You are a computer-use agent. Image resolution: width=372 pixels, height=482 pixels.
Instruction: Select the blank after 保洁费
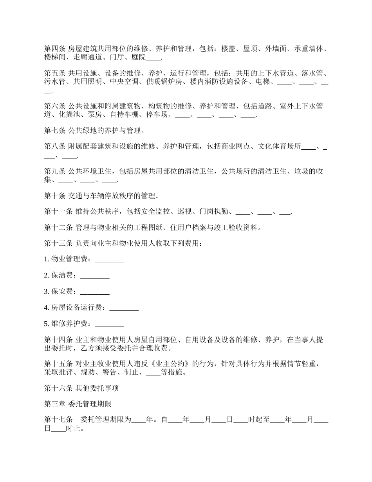95,275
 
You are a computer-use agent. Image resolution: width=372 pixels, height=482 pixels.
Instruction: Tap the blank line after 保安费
95,292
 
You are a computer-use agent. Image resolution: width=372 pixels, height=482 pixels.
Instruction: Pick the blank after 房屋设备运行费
124,308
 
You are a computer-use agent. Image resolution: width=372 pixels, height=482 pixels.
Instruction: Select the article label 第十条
55,196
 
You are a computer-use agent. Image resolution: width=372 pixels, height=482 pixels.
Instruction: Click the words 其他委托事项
97,388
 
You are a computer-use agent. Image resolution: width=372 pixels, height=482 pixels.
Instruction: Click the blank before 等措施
153,372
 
